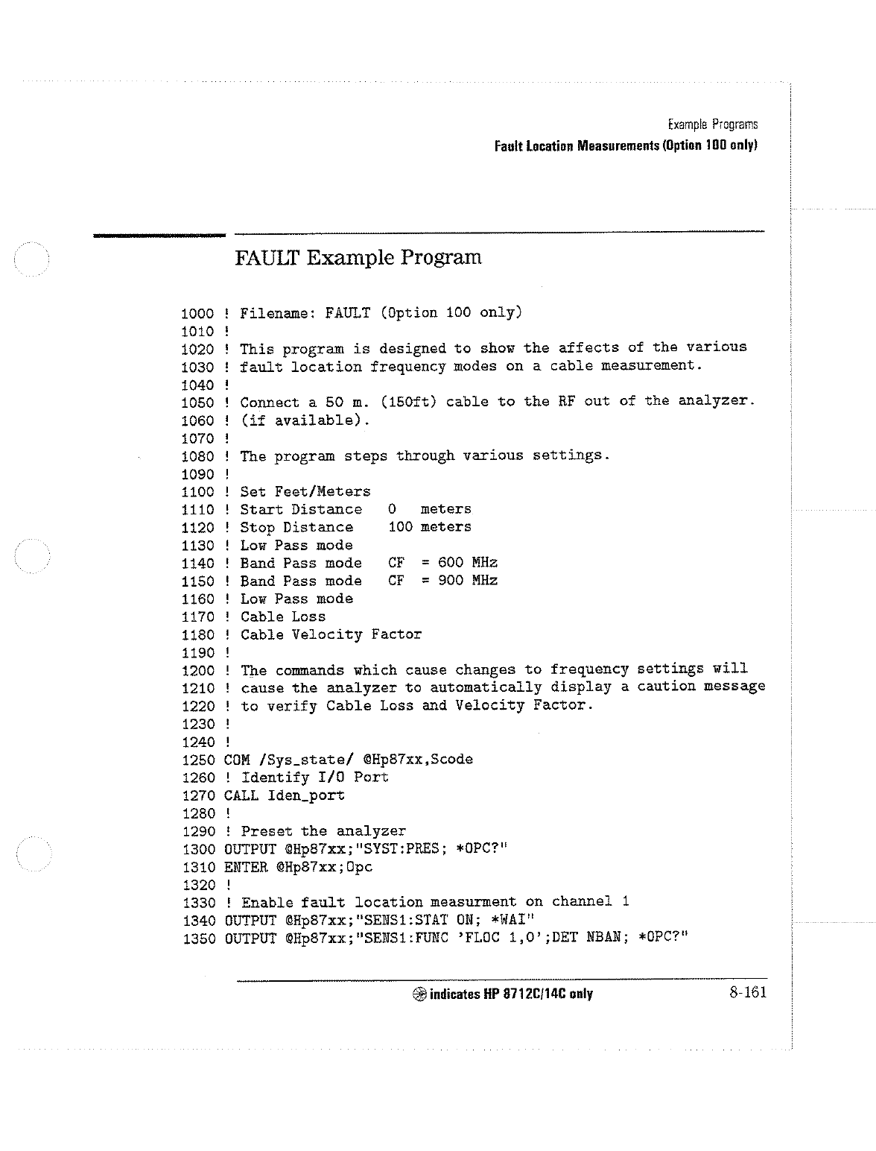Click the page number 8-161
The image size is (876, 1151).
[748, 992]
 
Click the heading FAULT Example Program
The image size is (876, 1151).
[358, 258]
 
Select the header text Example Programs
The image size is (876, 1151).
[713, 124]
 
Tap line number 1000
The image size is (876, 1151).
[197, 314]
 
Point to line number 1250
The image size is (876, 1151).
[198, 760]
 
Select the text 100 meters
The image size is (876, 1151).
[430, 527]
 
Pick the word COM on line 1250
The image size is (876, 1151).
[237, 760]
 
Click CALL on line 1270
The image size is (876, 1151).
[241, 795]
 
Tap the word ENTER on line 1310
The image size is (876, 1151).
[246, 867]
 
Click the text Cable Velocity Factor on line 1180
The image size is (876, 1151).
[331, 634]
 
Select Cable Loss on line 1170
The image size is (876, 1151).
[283, 617]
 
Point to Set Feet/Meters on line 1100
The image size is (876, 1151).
[305, 492]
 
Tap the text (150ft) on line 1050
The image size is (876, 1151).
[408, 403]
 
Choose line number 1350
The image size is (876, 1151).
[199, 939]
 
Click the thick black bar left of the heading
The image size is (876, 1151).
[159, 236]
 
